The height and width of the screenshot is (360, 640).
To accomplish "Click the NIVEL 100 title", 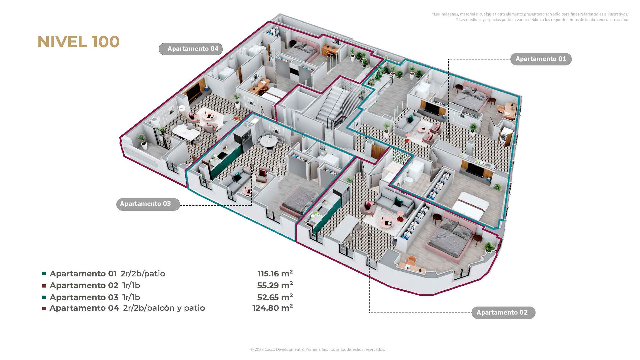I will (79, 42).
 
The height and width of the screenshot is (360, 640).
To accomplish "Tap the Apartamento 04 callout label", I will (193, 49).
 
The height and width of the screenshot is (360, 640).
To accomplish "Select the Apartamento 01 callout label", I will (541, 59).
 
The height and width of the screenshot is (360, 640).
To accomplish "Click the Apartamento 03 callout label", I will (145, 204).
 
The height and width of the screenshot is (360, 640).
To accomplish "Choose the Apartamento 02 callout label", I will (502, 313).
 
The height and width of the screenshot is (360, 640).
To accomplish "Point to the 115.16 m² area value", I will (275, 274).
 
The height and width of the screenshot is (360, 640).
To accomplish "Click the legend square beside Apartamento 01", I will (44, 274).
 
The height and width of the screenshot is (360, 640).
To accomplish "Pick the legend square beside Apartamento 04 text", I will (44, 308).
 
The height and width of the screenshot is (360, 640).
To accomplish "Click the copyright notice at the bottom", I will (317, 349).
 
